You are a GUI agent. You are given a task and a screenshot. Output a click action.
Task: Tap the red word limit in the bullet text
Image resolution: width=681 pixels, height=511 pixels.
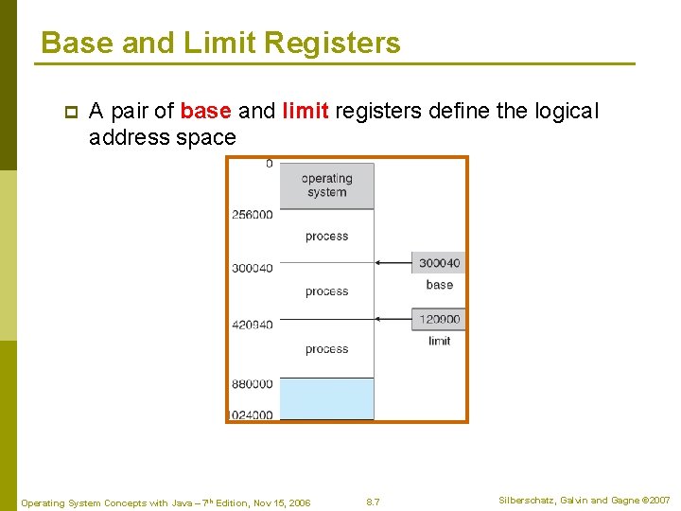coord(305,111)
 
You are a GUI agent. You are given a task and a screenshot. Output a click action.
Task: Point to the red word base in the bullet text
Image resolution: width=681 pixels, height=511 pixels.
coord(205,111)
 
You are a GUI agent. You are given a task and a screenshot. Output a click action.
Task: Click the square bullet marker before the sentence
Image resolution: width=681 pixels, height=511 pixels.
coord(69,112)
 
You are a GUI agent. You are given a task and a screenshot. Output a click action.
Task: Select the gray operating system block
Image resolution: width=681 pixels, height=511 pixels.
coord(326,185)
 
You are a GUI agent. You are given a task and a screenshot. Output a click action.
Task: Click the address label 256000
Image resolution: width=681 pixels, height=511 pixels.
coord(253,215)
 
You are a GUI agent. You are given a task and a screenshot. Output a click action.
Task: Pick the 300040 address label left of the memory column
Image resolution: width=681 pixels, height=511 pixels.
coord(253,269)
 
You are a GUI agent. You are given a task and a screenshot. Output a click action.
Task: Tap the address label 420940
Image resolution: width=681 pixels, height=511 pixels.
coord(253,325)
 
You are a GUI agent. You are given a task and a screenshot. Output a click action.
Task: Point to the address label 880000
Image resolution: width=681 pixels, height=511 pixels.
coord(253,384)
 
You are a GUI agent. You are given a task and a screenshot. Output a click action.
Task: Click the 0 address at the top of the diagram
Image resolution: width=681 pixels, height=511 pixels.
coord(269,164)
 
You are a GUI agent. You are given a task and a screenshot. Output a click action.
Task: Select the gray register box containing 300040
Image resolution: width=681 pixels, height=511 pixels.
coord(439,263)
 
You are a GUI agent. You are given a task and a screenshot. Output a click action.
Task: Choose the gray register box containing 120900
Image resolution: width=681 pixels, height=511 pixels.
coord(439,320)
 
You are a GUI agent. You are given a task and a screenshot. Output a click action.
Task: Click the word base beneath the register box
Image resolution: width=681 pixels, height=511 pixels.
coord(439,285)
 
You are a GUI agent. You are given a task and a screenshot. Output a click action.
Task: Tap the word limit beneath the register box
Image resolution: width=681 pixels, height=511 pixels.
coord(439,341)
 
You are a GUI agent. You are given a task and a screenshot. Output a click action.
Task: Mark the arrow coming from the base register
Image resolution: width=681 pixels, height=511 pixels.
coord(393,263)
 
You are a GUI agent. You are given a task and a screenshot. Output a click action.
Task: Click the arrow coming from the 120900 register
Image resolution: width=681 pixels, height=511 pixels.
coord(393,320)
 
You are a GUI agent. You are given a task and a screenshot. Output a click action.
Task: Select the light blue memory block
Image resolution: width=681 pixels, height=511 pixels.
coord(326,398)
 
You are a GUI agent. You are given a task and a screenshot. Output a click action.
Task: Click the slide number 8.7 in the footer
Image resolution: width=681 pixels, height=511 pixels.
coord(373,502)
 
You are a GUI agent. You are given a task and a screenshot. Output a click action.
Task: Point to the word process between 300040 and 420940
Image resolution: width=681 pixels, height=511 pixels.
coord(326,292)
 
